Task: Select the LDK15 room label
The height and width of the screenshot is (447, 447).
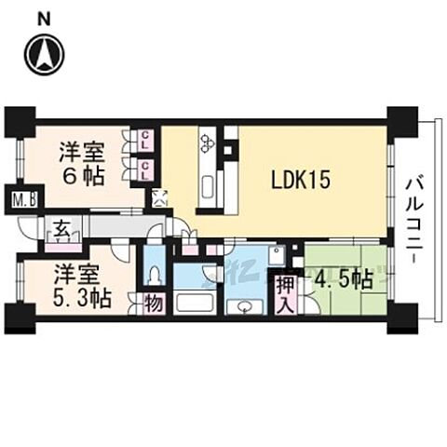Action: (301, 180)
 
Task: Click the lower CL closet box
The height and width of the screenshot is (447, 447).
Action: (146, 168)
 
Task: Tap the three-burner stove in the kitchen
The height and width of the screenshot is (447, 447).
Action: (207, 142)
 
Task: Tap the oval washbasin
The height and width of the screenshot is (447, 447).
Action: (245, 308)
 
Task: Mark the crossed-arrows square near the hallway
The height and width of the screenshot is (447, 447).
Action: (159, 196)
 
